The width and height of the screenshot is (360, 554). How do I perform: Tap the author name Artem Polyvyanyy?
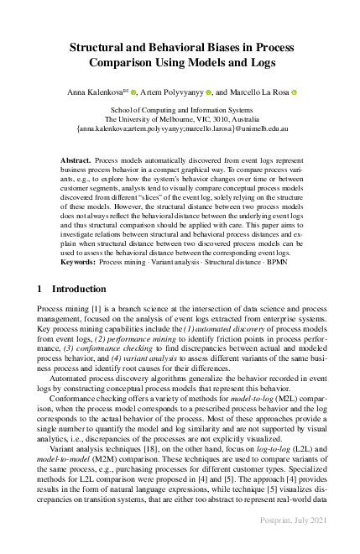click(x=175, y=91)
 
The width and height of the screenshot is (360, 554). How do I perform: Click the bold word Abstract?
click(x=76, y=159)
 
